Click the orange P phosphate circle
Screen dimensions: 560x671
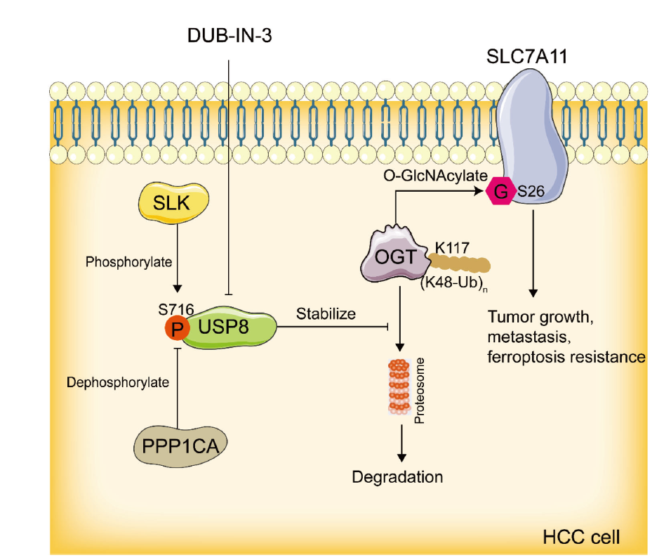coord(176,327)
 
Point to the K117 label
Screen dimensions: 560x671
coord(453,247)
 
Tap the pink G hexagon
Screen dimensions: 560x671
coord(500,191)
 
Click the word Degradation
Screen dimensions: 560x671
coord(398,477)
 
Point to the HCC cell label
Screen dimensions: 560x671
coord(582,538)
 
